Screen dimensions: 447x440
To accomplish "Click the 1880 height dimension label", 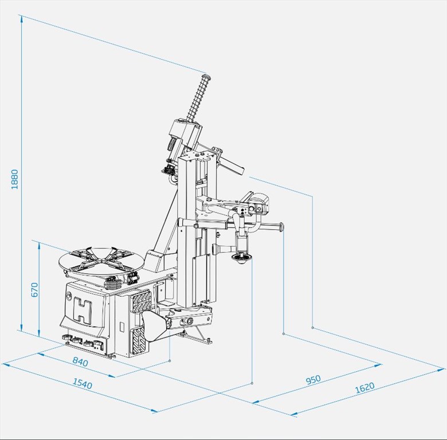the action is point(14,179).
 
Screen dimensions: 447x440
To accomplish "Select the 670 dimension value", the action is point(34,289).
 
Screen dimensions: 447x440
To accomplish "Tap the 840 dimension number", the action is point(80,362).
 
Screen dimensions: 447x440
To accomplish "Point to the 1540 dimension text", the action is point(83,384).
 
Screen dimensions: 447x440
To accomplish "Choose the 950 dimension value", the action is point(313,380).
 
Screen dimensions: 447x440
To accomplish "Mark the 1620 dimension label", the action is point(365,388).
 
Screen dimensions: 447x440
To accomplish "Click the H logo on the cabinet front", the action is point(83,310).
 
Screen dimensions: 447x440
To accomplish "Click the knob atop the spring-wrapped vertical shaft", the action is point(206,77).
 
